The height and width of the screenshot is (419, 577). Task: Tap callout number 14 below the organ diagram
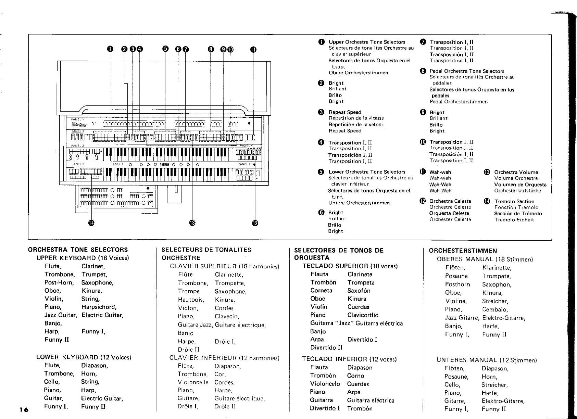click(x=91, y=224)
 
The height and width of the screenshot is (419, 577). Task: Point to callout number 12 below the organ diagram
click(x=255, y=224)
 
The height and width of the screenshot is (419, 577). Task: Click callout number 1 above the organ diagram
click(x=110, y=49)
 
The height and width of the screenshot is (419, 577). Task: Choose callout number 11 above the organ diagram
click(x=253, y=49)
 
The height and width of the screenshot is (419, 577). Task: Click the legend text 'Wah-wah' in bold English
click(x=440, y=172)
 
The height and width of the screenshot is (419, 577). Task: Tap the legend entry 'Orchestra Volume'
click(x=516, y=172)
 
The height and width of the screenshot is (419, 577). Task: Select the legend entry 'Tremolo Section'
click(x=514, y=202)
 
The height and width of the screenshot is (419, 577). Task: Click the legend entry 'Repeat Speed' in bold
click(x=344, y=112)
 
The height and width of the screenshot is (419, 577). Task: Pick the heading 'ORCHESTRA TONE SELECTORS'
click(x=78, y=250)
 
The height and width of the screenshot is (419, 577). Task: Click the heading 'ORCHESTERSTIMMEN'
click(x=463, y=251)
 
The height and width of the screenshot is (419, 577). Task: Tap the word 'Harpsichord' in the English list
click(x=99, y=307)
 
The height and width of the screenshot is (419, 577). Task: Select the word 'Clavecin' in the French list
click(x=227, y=316)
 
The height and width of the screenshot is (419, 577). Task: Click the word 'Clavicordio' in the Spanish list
click(x=363, y=315)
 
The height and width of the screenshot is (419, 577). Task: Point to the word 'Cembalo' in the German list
click(x=494, y=309)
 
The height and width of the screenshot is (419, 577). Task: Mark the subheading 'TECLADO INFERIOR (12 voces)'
click(x=349, y=359)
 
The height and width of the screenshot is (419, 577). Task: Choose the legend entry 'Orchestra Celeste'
click(x=450, y=201)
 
